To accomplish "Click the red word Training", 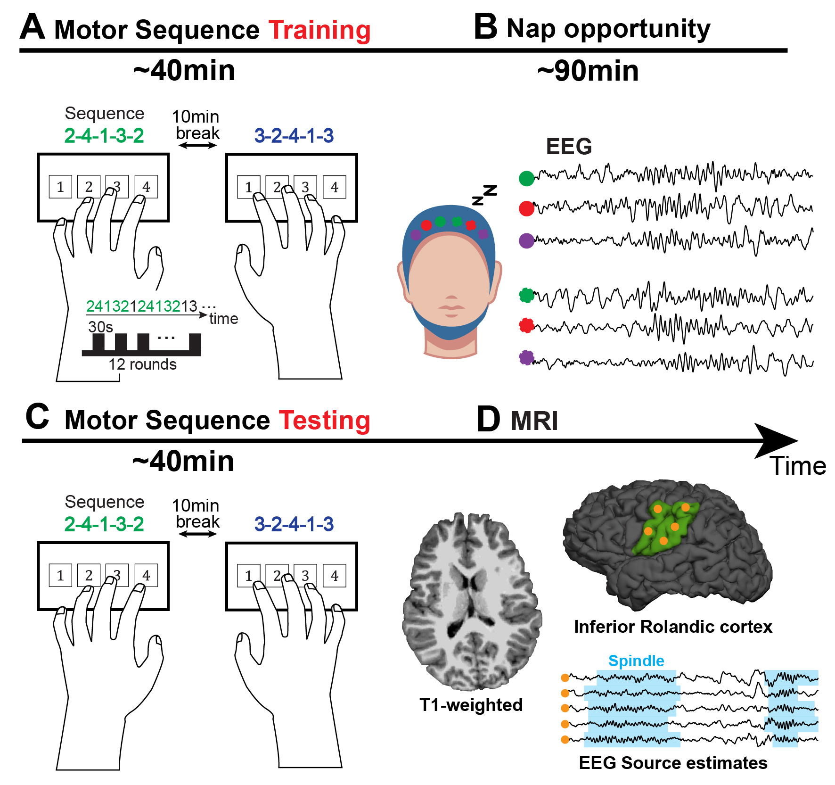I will pyautogui.click(x=319, y=30).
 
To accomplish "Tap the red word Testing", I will pyautogui.click(x=324, y=420).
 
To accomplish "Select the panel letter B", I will pyautogui.click(x=485, y=27).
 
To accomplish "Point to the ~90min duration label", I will pyautogui.click(x=588, y=71).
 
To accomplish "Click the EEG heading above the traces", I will pyautogui.click(x=569, y=147).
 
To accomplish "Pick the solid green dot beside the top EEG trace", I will pyautogui.click(x=526, y=178).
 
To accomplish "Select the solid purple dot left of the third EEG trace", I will pyautogui.click(x=526, y=240).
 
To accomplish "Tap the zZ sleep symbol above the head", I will pyautogui.click(x=485, y=195).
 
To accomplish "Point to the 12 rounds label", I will pyautogui.click(x=142, y=364).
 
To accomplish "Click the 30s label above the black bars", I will pyautogui.click(x=100, y=327).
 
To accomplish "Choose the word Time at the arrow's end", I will pyautogui.click(x=798, y=466).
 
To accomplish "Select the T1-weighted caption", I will pyautogui.click(x=471, y=705).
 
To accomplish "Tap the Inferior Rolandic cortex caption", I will pyautogui.click(x=673, y=627).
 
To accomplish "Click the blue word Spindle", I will pyautogui.click(x=636, y=661).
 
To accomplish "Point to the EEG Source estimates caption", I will pyautogui.click(x=673, y=763).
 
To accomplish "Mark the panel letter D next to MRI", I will pyautogui.click(x=488, y=419).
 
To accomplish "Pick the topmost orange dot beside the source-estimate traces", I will pyautogui.click(x=565, y=678).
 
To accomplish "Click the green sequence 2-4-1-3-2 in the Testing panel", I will pyautogui.click(x=104, y=524).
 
